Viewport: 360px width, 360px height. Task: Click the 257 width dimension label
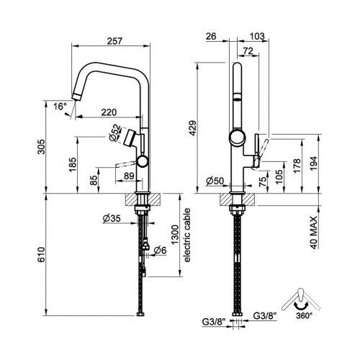[114, 41]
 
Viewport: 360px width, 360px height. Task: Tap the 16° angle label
[60, 107]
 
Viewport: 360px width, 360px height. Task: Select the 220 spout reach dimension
[109, 112]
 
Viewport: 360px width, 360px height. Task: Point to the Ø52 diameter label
[114, 132]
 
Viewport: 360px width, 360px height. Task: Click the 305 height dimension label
[41, 147]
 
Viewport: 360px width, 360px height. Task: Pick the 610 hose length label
[41, 254]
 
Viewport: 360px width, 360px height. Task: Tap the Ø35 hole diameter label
[112, 218]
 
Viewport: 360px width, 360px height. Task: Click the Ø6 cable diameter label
[160, 251]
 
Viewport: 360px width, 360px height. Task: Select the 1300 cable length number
[176, 235]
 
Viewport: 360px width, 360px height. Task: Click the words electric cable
[186, 235]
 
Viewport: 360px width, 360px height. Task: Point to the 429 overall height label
[193, 128]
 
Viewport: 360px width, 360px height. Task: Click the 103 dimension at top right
[257, 36]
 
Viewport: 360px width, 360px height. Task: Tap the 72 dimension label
[248, 51]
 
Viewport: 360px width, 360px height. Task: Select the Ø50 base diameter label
[215, 181]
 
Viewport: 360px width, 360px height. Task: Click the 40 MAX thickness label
[314, 233]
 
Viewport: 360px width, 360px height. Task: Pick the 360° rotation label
[304, 316]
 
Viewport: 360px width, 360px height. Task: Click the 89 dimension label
[129, 176]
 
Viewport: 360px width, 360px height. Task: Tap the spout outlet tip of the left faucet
[77, 97]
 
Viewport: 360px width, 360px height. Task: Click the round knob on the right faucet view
[238, 138]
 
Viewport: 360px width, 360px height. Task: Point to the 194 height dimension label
[314, 163]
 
